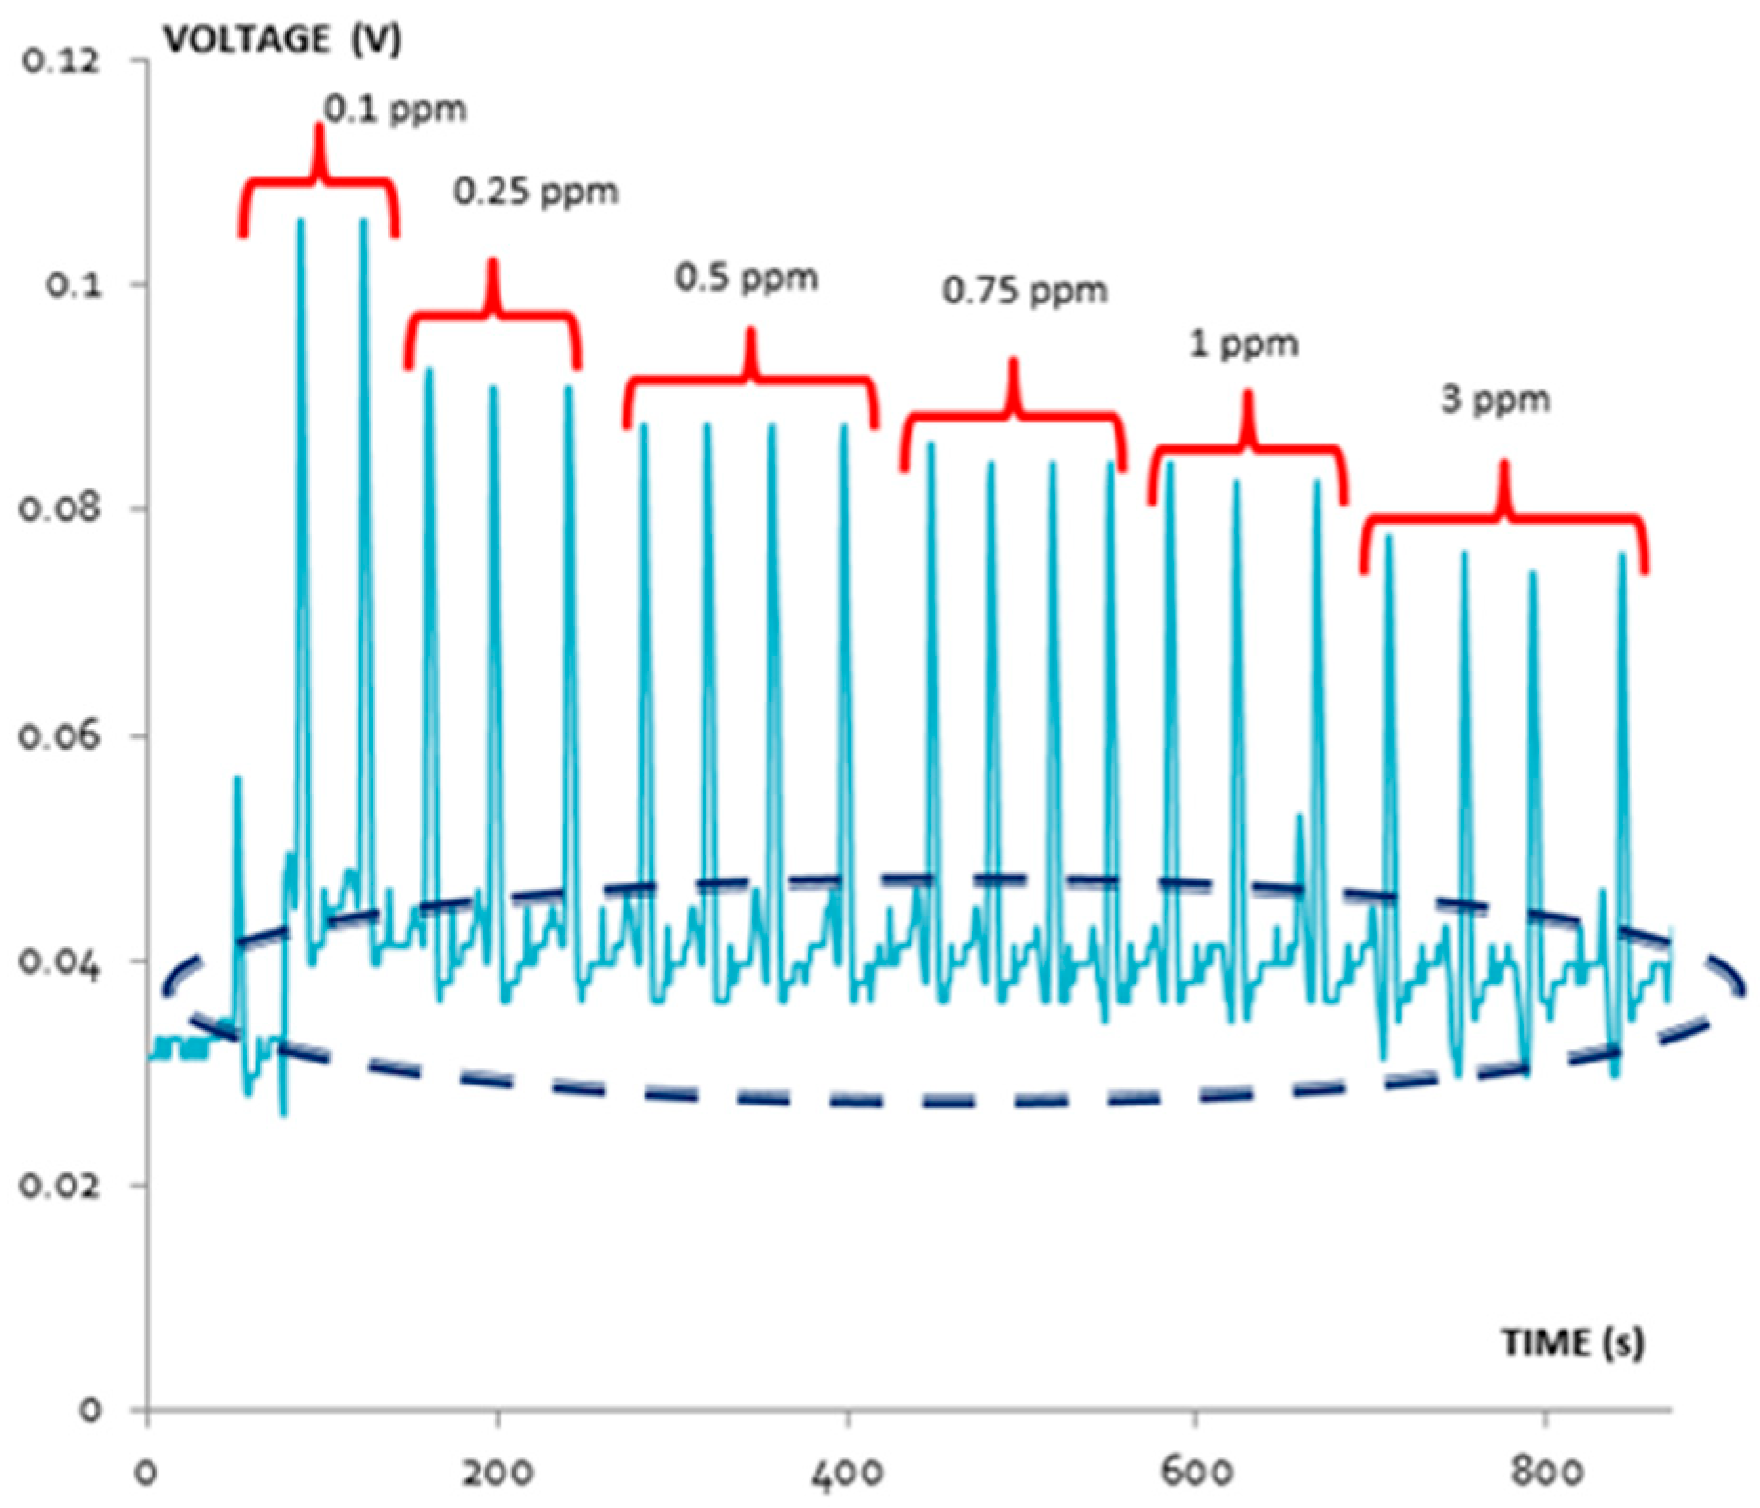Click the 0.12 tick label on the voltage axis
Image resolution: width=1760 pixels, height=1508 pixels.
(59, 61)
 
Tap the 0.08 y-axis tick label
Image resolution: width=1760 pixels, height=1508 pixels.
(59, 507)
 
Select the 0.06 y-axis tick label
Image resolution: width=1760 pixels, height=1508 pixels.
(59, 735)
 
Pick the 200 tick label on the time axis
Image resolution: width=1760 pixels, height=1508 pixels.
(497, 1472)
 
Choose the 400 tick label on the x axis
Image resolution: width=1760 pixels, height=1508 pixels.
(847, 1472)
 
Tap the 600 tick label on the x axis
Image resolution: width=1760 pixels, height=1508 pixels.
(1196, 1472)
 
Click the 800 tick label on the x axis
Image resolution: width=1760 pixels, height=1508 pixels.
(1545, 1472)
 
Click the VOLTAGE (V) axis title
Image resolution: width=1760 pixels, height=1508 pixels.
(282, 39)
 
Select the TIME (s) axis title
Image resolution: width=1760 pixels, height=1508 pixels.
(1573, 1343)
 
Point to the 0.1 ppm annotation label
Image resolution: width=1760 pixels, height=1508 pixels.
(395, 110)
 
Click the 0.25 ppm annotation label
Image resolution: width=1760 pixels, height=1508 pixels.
(535, 192)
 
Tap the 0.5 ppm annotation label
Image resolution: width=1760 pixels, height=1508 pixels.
(747, 278)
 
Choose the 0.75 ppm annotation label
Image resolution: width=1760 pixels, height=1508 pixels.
(1025, 290)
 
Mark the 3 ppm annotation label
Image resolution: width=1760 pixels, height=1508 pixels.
(1495, 399)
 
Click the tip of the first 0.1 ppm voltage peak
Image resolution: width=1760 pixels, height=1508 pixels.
(301, 221)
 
